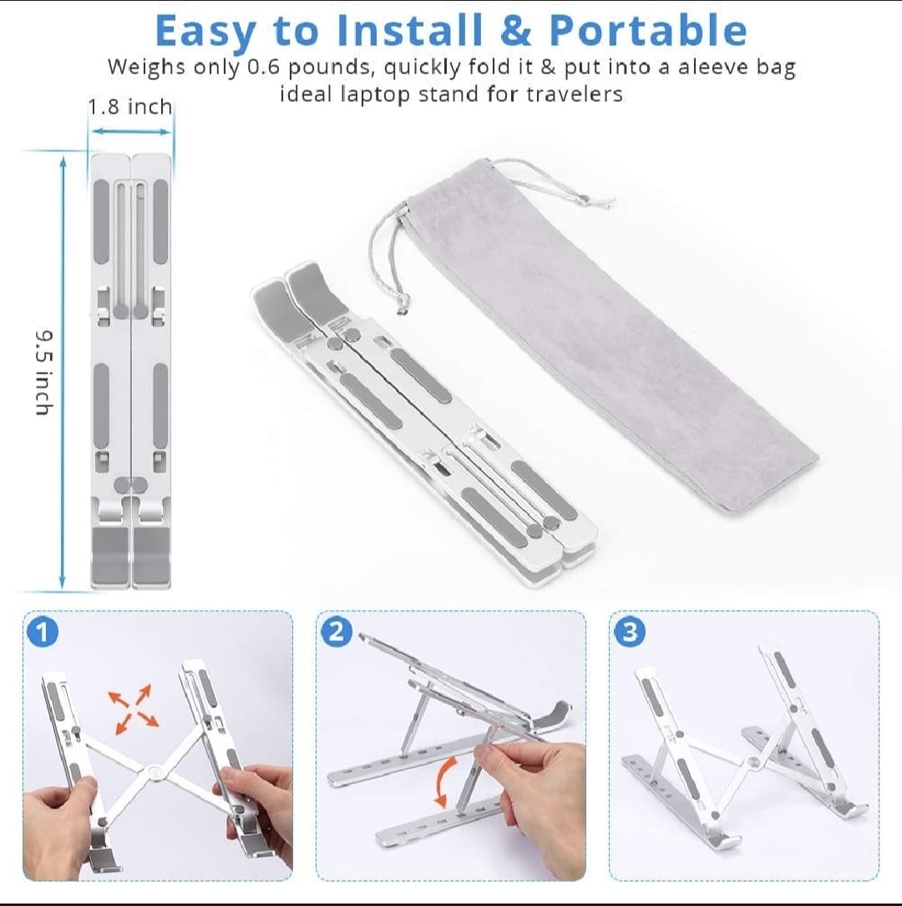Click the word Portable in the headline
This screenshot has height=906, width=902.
coord(648,30)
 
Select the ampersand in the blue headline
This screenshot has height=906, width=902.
coord(515,30)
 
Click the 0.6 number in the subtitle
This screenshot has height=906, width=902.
coord(263,68)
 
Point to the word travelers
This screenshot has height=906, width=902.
coord(575,94)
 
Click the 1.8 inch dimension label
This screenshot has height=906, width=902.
coord(130,107)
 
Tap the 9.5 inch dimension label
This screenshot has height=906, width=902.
coord(44,373)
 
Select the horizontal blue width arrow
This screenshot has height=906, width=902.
coord(132,132)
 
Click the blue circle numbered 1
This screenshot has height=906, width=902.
coord(43,632)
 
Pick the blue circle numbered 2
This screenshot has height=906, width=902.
coord(336,632)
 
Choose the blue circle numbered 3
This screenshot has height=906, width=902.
coord(630,632)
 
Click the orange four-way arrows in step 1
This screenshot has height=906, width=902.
coord(134,710)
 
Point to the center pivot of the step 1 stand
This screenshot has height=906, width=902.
coord(155,771)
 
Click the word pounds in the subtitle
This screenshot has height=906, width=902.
coord(330,68)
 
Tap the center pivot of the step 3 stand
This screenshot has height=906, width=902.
coord(754,763)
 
